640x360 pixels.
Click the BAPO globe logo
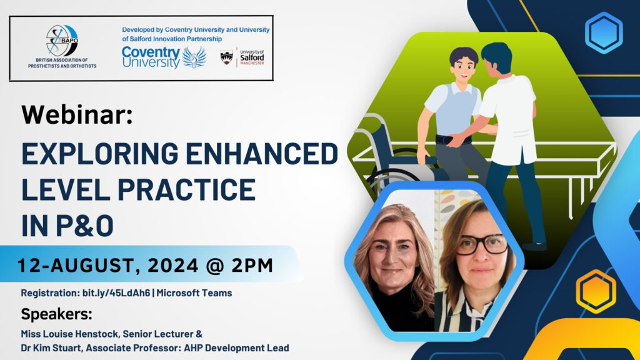pos(62,41)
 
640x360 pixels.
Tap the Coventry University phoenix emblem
pos(194,57)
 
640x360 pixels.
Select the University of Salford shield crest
pos(226,57)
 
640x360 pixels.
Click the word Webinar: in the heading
pos(77,114)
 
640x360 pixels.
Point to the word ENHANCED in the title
pos(262,154)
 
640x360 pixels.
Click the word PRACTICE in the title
pos(186,189)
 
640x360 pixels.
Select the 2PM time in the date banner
pos(252,265)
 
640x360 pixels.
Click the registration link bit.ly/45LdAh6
pos(116,293)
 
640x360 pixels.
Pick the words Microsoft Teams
pos(194,293)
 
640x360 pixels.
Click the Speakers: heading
pos(56,314)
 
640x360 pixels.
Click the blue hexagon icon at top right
pos(604,32)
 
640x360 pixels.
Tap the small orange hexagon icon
pos(596,291)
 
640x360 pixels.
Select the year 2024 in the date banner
pos(172,265)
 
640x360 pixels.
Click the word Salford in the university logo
pos(252,58)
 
